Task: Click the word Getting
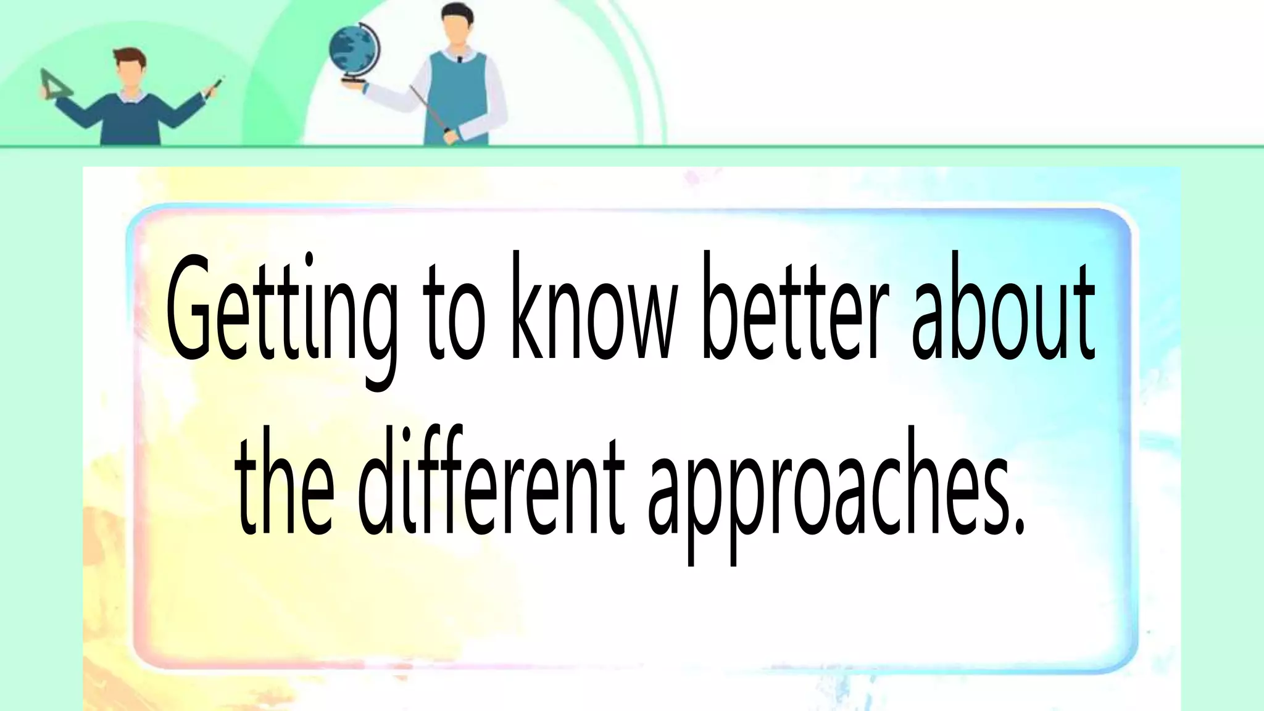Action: coord(281,315)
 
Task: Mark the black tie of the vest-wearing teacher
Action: coord(459,60)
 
